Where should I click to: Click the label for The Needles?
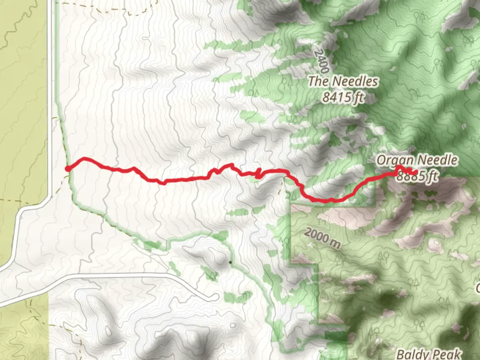coord(343,81)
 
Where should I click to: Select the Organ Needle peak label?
coord(417,160)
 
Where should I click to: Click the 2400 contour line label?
coord(321,62)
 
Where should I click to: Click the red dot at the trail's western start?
coord(68,169)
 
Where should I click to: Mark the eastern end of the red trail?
coord(416,172)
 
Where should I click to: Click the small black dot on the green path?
coord(230,262)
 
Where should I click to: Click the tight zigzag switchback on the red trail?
coord(258,174)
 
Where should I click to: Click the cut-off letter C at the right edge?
coord(478,287)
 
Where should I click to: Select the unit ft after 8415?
coord(358,97)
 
